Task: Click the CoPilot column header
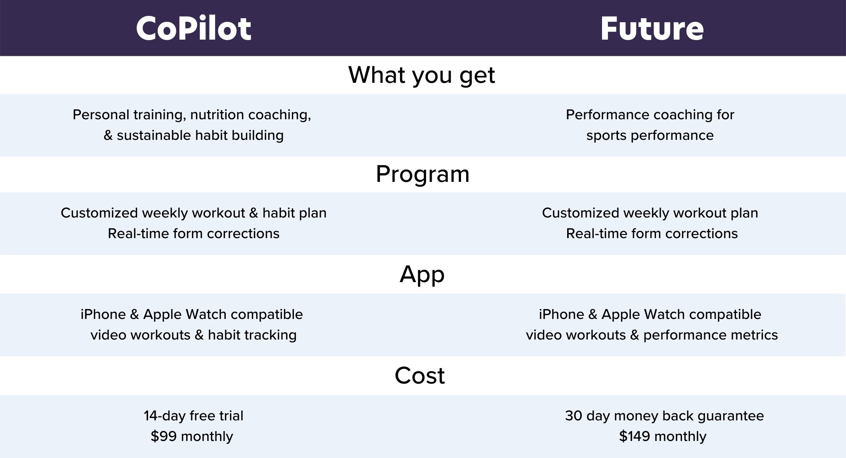coord(194,29)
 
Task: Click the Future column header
coord(652,29)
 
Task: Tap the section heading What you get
coord(421,75)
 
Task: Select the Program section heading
coord(422,174)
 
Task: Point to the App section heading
coord(422,274)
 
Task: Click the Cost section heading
coord(419,375)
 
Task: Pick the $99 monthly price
coord(192,436)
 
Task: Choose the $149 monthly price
coord(663,436)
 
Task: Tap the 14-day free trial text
coord(193,416)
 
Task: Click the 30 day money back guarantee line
coord(664,416)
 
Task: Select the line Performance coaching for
coord(650,114)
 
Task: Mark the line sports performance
coord(650,135)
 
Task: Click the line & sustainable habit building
coord(193,135)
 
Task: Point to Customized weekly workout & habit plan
coord(193,213)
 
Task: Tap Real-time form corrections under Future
coord(652,233)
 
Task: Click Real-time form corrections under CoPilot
coord(193,233)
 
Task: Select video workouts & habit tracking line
coord(193,335)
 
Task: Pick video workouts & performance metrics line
coord(652,335)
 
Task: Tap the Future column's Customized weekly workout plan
coord(650,213)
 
